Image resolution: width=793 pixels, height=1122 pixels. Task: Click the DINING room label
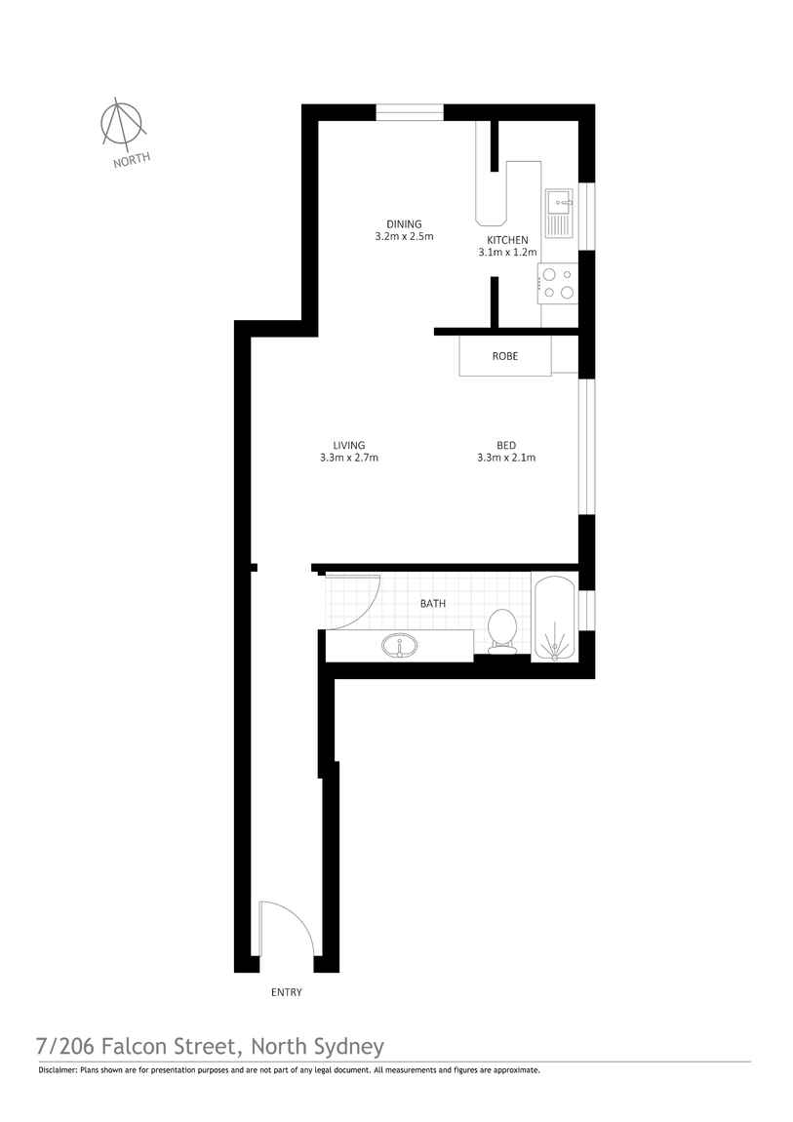click(404, 224)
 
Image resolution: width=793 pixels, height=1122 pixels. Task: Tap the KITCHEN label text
click(507, 240)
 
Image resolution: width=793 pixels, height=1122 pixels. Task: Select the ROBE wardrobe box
click(505, 356)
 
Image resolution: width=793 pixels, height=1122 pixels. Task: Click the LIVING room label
click(348, 446)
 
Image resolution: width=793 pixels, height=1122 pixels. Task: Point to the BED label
click(505, 446)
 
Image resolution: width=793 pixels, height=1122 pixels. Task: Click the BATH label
click(433, 604)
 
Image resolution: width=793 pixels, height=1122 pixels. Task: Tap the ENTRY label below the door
click(287, 992)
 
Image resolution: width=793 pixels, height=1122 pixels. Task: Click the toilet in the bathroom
click(503, 628)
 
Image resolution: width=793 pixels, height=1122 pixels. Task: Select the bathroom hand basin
click(400, 645)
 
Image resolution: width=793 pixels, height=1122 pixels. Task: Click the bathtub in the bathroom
click(555, 617)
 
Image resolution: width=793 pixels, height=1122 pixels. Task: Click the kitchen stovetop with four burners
click(558, 284)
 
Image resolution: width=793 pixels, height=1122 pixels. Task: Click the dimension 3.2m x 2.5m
click(404, 237)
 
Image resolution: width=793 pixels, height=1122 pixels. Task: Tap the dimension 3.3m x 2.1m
click(506, 458)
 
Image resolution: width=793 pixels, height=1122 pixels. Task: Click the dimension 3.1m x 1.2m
click(507, 253)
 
